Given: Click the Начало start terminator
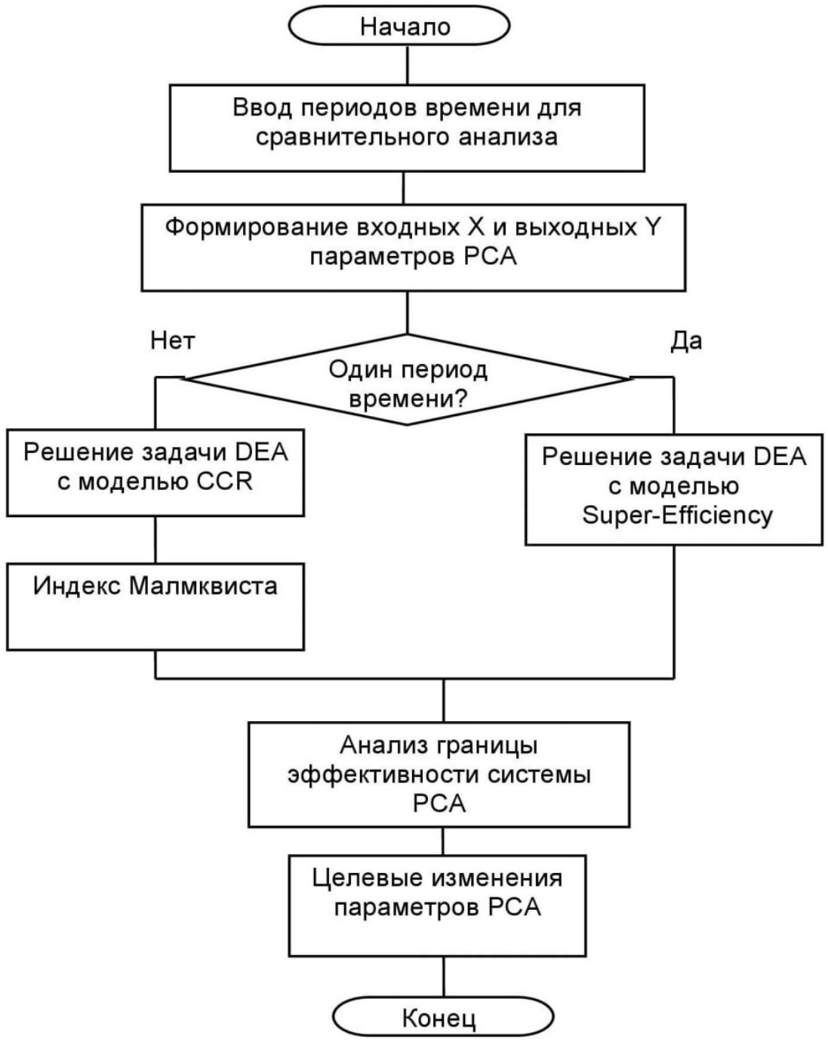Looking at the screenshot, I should point(406,26).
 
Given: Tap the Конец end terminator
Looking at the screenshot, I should point(442,1018).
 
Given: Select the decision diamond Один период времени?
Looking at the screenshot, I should point(408,381).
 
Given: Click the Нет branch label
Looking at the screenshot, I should point(173,341).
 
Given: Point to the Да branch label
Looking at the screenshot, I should point(686,341).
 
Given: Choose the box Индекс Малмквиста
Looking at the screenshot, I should point(155,606).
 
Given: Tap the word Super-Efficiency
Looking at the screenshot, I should point(677,515).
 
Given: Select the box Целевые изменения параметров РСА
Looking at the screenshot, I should point(438,905).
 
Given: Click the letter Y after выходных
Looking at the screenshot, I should point(653,227).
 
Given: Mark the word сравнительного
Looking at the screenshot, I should point(353,137).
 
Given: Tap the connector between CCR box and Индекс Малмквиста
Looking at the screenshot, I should point(155,539).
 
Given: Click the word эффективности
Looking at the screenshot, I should point(383,775).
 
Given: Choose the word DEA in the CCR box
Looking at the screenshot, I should point(262,452).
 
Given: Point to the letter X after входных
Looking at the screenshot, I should point(475,227).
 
